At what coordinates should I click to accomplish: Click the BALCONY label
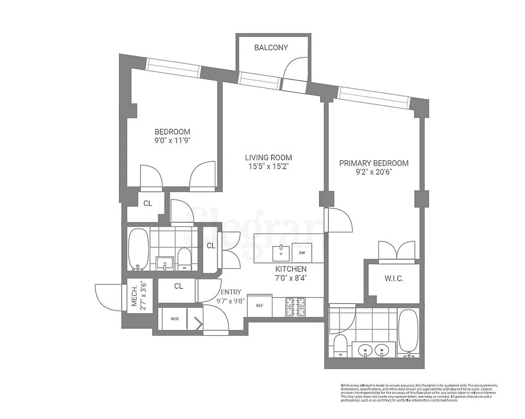coord(271,48)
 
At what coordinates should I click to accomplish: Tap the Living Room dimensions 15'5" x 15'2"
coord(269,167)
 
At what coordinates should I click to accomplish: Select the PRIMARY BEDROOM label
coord(374,163)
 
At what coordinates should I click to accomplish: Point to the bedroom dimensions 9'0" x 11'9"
coord(172,141)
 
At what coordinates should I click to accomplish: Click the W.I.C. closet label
coord(393,279)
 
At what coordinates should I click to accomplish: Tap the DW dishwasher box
coord(302,252)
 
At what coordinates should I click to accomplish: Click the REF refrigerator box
coord(259,305)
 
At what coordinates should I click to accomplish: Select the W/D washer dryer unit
coord(173,318)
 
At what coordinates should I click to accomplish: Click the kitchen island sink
coord(281,250)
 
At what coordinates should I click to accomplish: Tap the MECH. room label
coord(138,297)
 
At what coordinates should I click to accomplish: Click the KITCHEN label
coord(291,269)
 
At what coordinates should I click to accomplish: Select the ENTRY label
coord(231,292)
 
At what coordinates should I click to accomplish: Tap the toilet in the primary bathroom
coord(340,346)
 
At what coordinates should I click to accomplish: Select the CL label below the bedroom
coord(148,203)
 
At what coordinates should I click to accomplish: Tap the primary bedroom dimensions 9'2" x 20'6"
coord(374,172)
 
